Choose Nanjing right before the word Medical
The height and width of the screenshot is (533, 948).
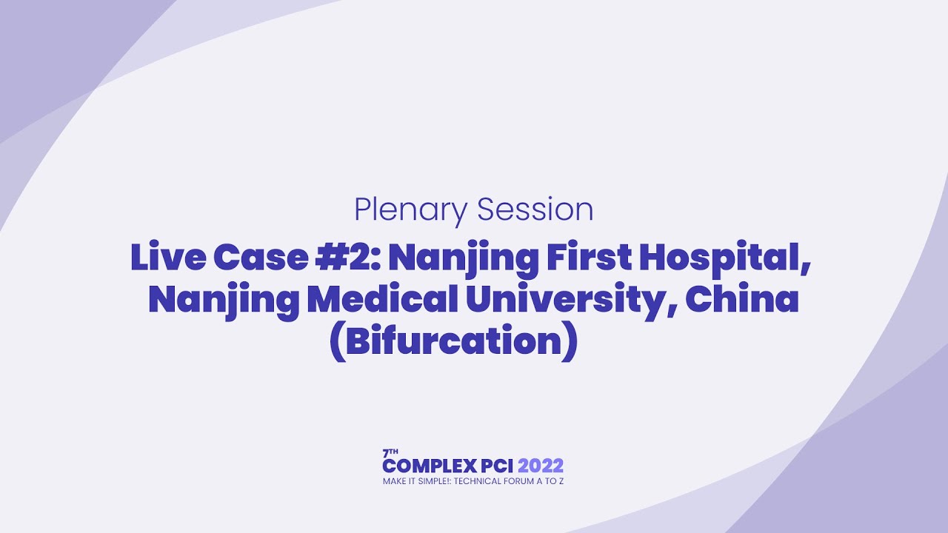pos(223,301)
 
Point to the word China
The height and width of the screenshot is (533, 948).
pos(742,300)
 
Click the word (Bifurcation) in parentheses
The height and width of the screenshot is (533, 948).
pos(453,343)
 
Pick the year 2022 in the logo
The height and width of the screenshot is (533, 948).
pos(541,466)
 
